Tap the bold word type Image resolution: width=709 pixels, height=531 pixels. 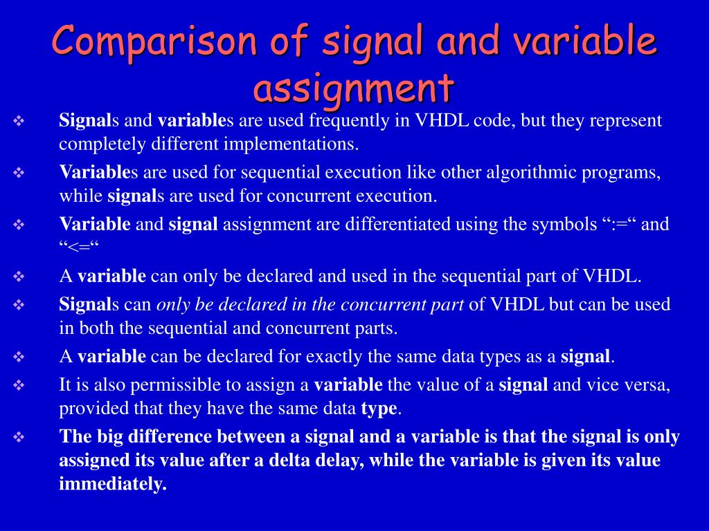(379, 409)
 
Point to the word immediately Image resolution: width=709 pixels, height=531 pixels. (113, 484)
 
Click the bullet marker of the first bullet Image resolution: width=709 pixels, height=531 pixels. (19, 122)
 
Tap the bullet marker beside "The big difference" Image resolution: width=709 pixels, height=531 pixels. (19, 438)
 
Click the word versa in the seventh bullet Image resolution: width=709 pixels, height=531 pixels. (643, 385)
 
